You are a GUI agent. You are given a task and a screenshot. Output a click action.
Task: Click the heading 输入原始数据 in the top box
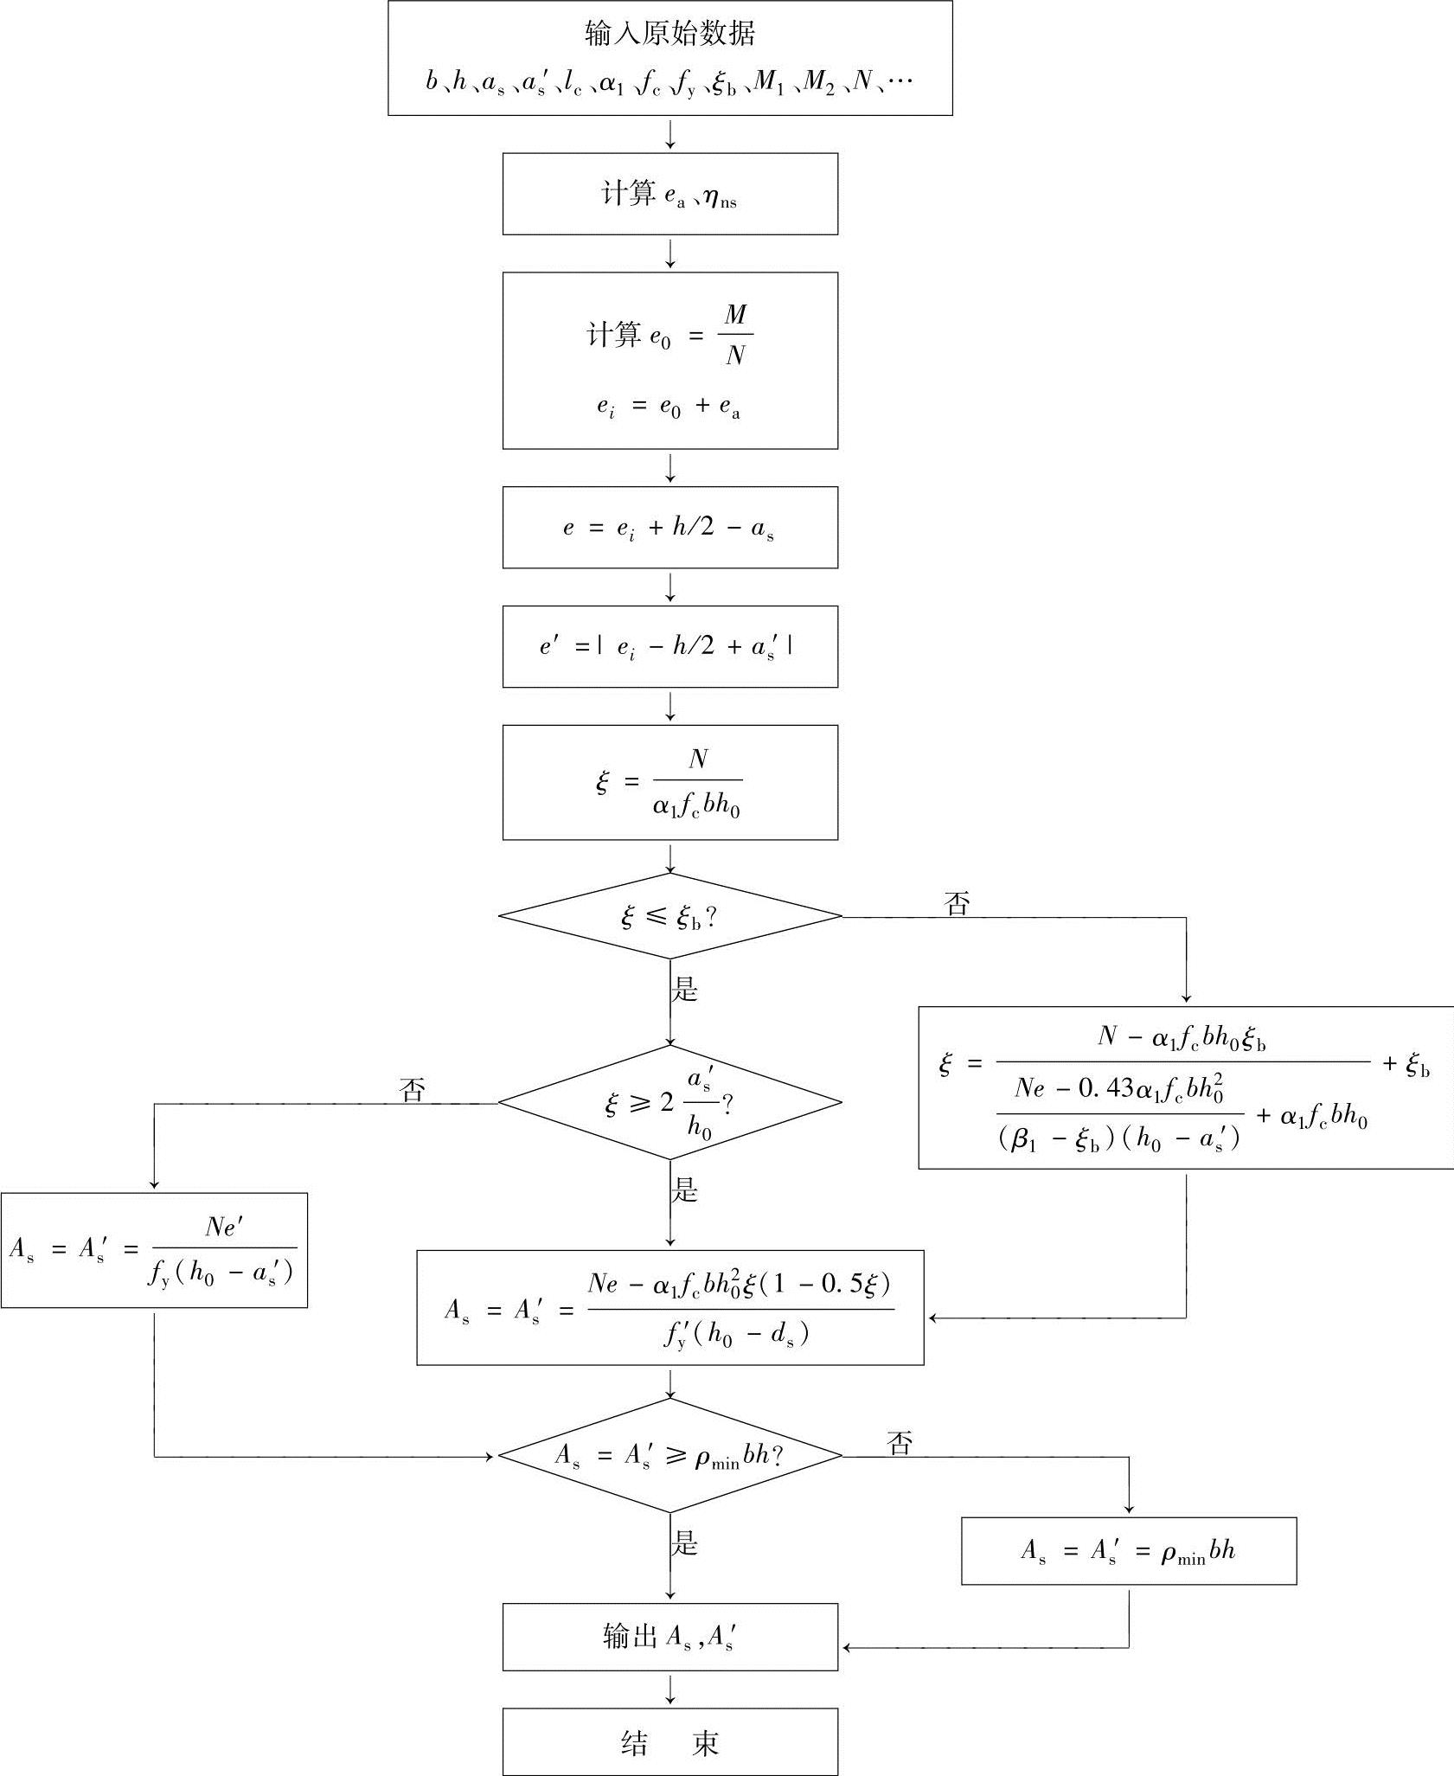point(669,34)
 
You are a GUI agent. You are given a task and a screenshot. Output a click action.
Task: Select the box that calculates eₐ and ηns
point(669,194)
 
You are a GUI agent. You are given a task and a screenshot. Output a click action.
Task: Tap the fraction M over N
point(735,335)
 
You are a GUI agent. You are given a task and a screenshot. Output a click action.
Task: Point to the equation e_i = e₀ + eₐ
point(668,407)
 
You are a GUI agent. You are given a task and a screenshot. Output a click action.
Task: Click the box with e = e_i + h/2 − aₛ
point(669,528)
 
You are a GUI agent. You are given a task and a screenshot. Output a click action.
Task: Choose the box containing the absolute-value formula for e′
point(669,647)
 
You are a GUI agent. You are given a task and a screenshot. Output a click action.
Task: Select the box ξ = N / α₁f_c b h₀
point(669,783)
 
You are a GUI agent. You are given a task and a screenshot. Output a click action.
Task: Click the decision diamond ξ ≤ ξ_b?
point(669,917)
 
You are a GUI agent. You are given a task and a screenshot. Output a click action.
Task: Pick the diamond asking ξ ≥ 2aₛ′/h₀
point(669,1103)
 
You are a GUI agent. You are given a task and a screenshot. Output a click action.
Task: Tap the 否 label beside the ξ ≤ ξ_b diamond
point(958,904)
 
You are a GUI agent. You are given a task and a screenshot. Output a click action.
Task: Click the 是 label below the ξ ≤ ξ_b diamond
point(685,989)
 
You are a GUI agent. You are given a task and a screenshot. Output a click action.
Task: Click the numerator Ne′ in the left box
point(224,1227)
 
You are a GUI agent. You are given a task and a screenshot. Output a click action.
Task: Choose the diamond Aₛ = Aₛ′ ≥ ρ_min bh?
point(669,1456)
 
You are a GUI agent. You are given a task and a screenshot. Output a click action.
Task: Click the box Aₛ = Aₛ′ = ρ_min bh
point(1128,1551)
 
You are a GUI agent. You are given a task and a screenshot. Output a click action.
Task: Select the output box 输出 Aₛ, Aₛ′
point(669,1637)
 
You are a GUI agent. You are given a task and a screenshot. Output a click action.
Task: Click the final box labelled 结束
point(669,1742)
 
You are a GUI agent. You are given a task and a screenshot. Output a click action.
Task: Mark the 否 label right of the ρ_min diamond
point(900,1442)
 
